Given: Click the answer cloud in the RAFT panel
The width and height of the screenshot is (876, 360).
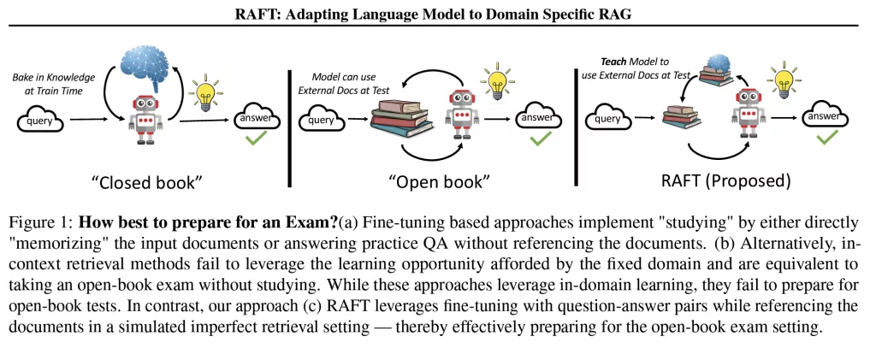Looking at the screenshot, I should (x=829, y=117).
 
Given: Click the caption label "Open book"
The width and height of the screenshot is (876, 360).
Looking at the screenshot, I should (x=439, y=181).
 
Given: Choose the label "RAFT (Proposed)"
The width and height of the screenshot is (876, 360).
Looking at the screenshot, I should (x=725, y=181).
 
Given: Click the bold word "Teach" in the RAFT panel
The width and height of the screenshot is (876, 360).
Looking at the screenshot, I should (x=610, y=62).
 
